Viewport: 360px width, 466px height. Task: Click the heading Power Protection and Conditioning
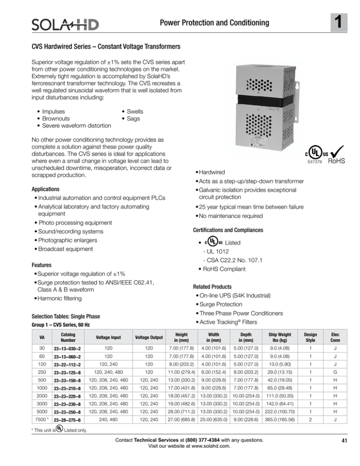pos(223,23)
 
